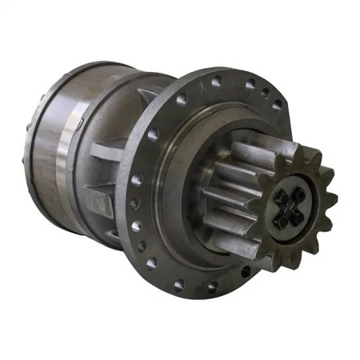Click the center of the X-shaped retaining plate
click(289, 206)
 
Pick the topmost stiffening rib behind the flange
click(147, 97)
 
